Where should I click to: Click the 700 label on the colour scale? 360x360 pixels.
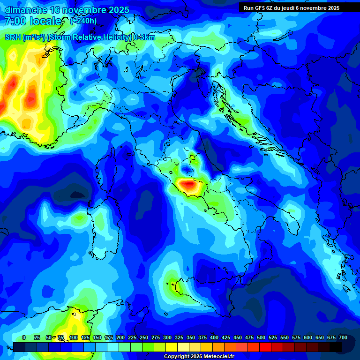pyautogui.click(x=343, y=337)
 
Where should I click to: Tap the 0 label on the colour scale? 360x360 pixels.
pyautogui.click(x=24, y=337)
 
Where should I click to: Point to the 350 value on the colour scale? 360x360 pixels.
pyautogui.click(x=191, y=337)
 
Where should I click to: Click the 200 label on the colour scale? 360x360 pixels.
pyautogui.click(x=120, y=337)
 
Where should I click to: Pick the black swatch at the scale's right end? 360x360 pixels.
pyautogui.click(x=336, y=347)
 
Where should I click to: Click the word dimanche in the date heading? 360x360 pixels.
pyautogui.click(x=26, y=10)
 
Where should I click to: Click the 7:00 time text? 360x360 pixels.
pyautogui.click(x=15, y=21)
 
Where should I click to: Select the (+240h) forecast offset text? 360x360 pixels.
pyautogui.click(x=83, y=21)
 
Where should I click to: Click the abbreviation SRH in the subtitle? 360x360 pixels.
pyautogui.click(x=13, y=37)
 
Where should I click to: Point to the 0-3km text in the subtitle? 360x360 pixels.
pyautogui.click(x=144, y=37)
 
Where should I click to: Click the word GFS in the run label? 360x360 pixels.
pyautogui.click(x=261, y=8)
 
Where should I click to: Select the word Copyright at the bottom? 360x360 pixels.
pyautogui.click(x=177, y=357)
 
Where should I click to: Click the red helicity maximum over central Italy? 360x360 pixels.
pyautogui.click(x=188, y=185)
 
